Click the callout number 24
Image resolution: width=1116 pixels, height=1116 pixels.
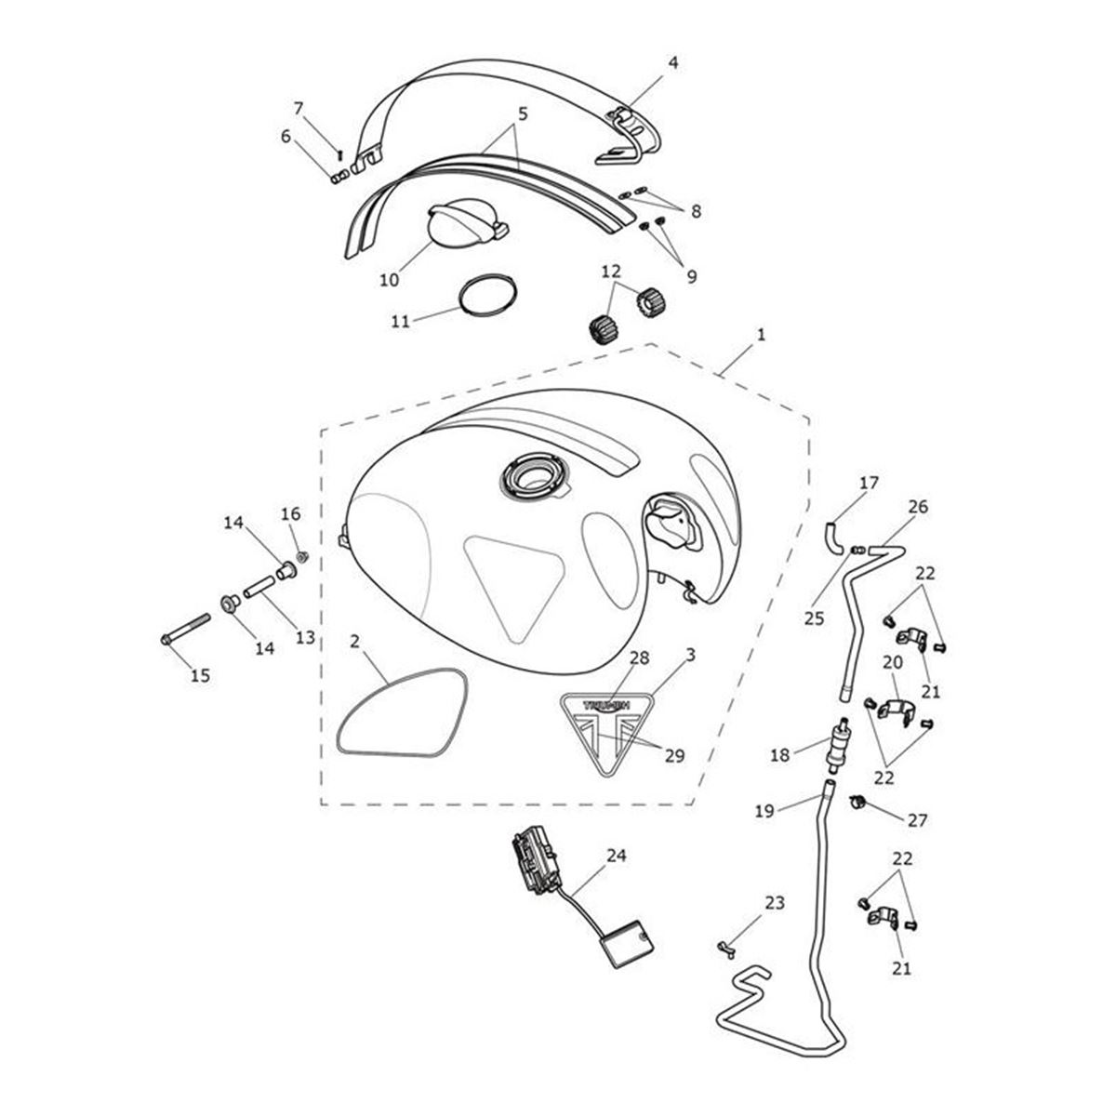tap(617, 855)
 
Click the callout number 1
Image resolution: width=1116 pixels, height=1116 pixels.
tap(761, 335)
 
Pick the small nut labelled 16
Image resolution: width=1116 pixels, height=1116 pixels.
tap(301, 556)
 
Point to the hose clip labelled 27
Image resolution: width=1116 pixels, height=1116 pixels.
tap(857, 801)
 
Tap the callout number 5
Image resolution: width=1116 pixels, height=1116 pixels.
tap(523, 114)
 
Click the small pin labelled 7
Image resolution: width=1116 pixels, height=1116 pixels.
tap(340, 154)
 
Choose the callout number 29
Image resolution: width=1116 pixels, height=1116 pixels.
tap(674, 755)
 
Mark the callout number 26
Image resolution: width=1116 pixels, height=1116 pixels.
tap(918, 507)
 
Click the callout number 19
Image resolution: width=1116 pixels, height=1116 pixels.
tap(764, 811)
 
